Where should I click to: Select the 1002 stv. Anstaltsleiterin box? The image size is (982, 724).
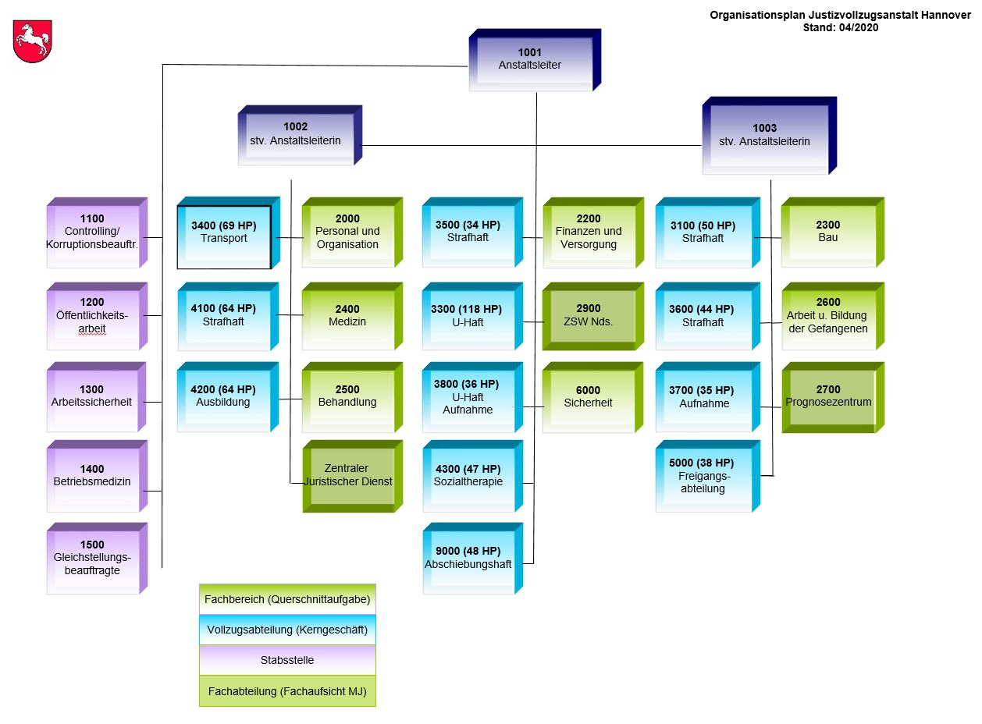(x=296, y=134)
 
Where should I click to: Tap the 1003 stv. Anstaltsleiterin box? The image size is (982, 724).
(x=764, y=135)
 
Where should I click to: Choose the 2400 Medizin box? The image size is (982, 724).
(x=347, y=315)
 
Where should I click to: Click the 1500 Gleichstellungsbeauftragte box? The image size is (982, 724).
(x=92, y=558)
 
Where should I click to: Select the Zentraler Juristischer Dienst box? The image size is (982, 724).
(x=348, y=475)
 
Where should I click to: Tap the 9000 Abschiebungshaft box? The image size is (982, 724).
(x=468, y=558)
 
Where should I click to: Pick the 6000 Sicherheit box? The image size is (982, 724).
(x=588, y=396)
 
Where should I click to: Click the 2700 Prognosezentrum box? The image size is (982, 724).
(x=828, y=396)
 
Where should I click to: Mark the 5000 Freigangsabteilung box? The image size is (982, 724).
(x=703, y=476)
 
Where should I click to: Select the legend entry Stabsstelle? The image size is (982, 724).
(x=287, y=660)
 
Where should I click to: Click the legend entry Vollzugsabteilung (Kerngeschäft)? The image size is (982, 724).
(x=287, y=630)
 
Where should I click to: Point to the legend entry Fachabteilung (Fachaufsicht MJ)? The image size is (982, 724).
(x=287, y=691)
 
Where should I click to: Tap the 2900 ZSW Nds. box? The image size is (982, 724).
(x=588, y=315)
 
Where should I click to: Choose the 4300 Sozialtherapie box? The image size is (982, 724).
(x=468, y=475)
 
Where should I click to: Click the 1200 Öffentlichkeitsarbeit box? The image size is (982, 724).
(x=92, y=315)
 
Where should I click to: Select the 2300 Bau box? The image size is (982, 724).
(x=828, y=232)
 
